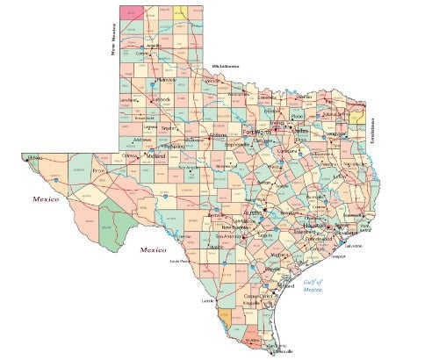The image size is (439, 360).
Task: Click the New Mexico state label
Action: (113, 40)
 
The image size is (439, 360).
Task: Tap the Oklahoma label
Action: (226, 67)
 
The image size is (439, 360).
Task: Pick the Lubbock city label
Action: (161, 99)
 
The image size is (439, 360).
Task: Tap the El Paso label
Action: (35, 158)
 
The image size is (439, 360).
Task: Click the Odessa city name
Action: (131, 155)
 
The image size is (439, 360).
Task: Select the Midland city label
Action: (156, 155)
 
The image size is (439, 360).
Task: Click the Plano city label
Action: (297, 116)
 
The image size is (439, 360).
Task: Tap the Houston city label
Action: (313, 227)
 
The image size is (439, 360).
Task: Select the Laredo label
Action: (207, 301)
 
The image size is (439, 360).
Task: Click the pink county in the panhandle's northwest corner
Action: (132, 12)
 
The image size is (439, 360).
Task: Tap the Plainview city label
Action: (165, 81)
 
